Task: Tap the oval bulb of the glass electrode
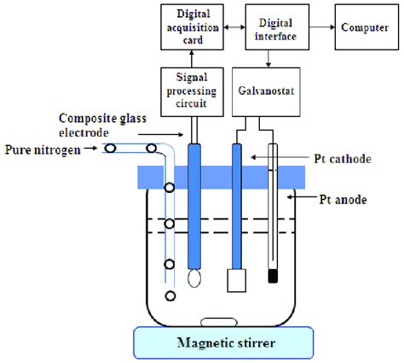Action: pos(195,277)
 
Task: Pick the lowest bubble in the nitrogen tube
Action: pos(170,296)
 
